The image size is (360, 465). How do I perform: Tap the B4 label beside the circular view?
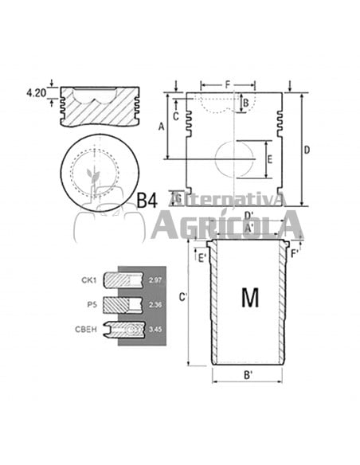(146, 200)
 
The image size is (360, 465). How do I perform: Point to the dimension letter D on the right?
(307, 150)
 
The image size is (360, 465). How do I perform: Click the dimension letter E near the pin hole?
(269, 159)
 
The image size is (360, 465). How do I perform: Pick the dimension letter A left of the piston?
(162, 126)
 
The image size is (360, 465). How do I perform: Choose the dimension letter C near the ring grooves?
(175, 115)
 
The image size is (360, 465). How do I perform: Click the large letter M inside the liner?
(249, 298)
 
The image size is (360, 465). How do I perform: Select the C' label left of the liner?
(183, 297)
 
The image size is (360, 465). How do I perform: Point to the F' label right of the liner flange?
(295, 253)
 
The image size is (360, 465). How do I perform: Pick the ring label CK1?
(88, 279)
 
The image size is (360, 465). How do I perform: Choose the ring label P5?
(93, 303)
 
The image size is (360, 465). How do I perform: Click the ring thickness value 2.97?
(155, 280)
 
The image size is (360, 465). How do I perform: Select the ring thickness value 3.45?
(155, 327)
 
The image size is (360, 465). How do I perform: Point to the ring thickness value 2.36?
(155, 303)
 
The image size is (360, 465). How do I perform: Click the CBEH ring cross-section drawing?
(125, 327)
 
